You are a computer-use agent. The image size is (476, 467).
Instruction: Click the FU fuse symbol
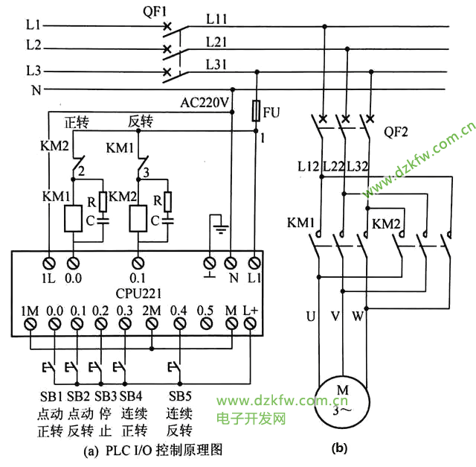click(256, 112)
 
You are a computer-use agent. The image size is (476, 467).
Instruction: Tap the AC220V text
click(205, 101)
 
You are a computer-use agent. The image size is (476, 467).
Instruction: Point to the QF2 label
click(399, 132)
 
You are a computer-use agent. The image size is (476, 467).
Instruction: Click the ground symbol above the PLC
click(217, 224)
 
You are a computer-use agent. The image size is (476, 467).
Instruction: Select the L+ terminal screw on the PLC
click(251, 324)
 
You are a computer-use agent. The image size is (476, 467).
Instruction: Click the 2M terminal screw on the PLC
click(152, 324)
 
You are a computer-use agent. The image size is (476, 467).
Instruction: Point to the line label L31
click(216, 66)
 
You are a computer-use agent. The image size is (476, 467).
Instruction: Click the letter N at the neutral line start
click(33, 90)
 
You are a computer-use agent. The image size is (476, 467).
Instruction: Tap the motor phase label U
click(310, 316)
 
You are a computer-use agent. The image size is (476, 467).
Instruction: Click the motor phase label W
click(358, 316)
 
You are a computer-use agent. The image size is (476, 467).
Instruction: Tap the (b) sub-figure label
click(339, 448)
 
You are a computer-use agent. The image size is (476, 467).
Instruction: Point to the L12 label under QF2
click(309, 165)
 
